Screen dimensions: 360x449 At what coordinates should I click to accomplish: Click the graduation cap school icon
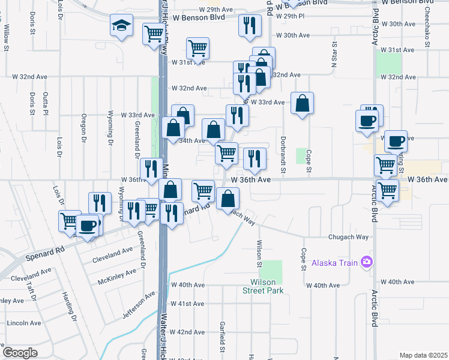pos(121,26)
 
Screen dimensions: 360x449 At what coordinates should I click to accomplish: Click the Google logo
pos(20,353)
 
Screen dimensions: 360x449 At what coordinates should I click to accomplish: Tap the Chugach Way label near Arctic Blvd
pos(348,237)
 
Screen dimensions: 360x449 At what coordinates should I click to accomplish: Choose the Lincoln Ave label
pos(24,323)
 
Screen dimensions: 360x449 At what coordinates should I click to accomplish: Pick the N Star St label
pos(334,55)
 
